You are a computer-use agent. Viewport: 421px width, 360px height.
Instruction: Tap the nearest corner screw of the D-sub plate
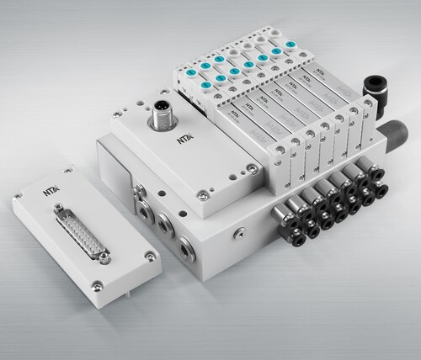[96, 283]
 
